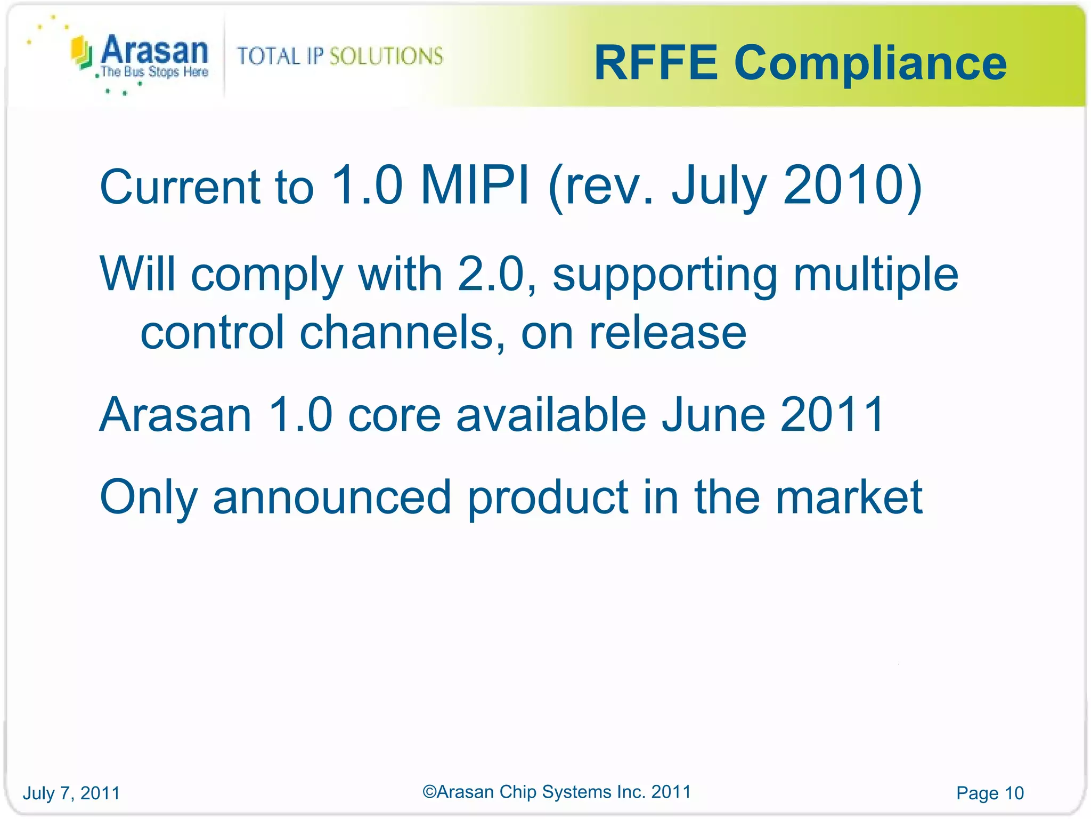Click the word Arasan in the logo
(154, 50)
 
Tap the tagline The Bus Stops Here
(154, 72)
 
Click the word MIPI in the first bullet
(475, 185)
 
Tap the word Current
(180, 187)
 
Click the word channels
(397, 332)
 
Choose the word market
(848, 497)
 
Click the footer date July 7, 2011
(71, 793)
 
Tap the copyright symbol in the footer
(429, 792)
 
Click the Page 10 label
(990, 793)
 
